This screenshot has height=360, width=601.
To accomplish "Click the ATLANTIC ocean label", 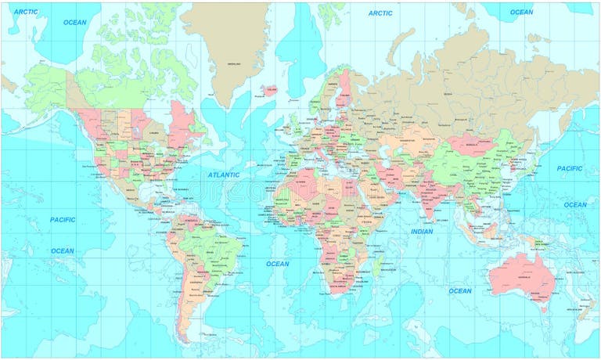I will (224, 175).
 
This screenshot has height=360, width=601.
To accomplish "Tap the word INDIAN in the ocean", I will (421, 232).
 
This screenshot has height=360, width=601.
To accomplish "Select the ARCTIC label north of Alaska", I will (25, 12).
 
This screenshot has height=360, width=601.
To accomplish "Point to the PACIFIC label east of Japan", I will (570, 168).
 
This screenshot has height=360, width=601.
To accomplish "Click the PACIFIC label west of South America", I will (63, 220).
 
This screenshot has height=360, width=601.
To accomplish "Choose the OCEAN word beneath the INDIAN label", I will (460, 291).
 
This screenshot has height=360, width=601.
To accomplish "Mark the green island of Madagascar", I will (380, 266).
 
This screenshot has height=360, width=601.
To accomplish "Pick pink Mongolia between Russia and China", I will (470, 144).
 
